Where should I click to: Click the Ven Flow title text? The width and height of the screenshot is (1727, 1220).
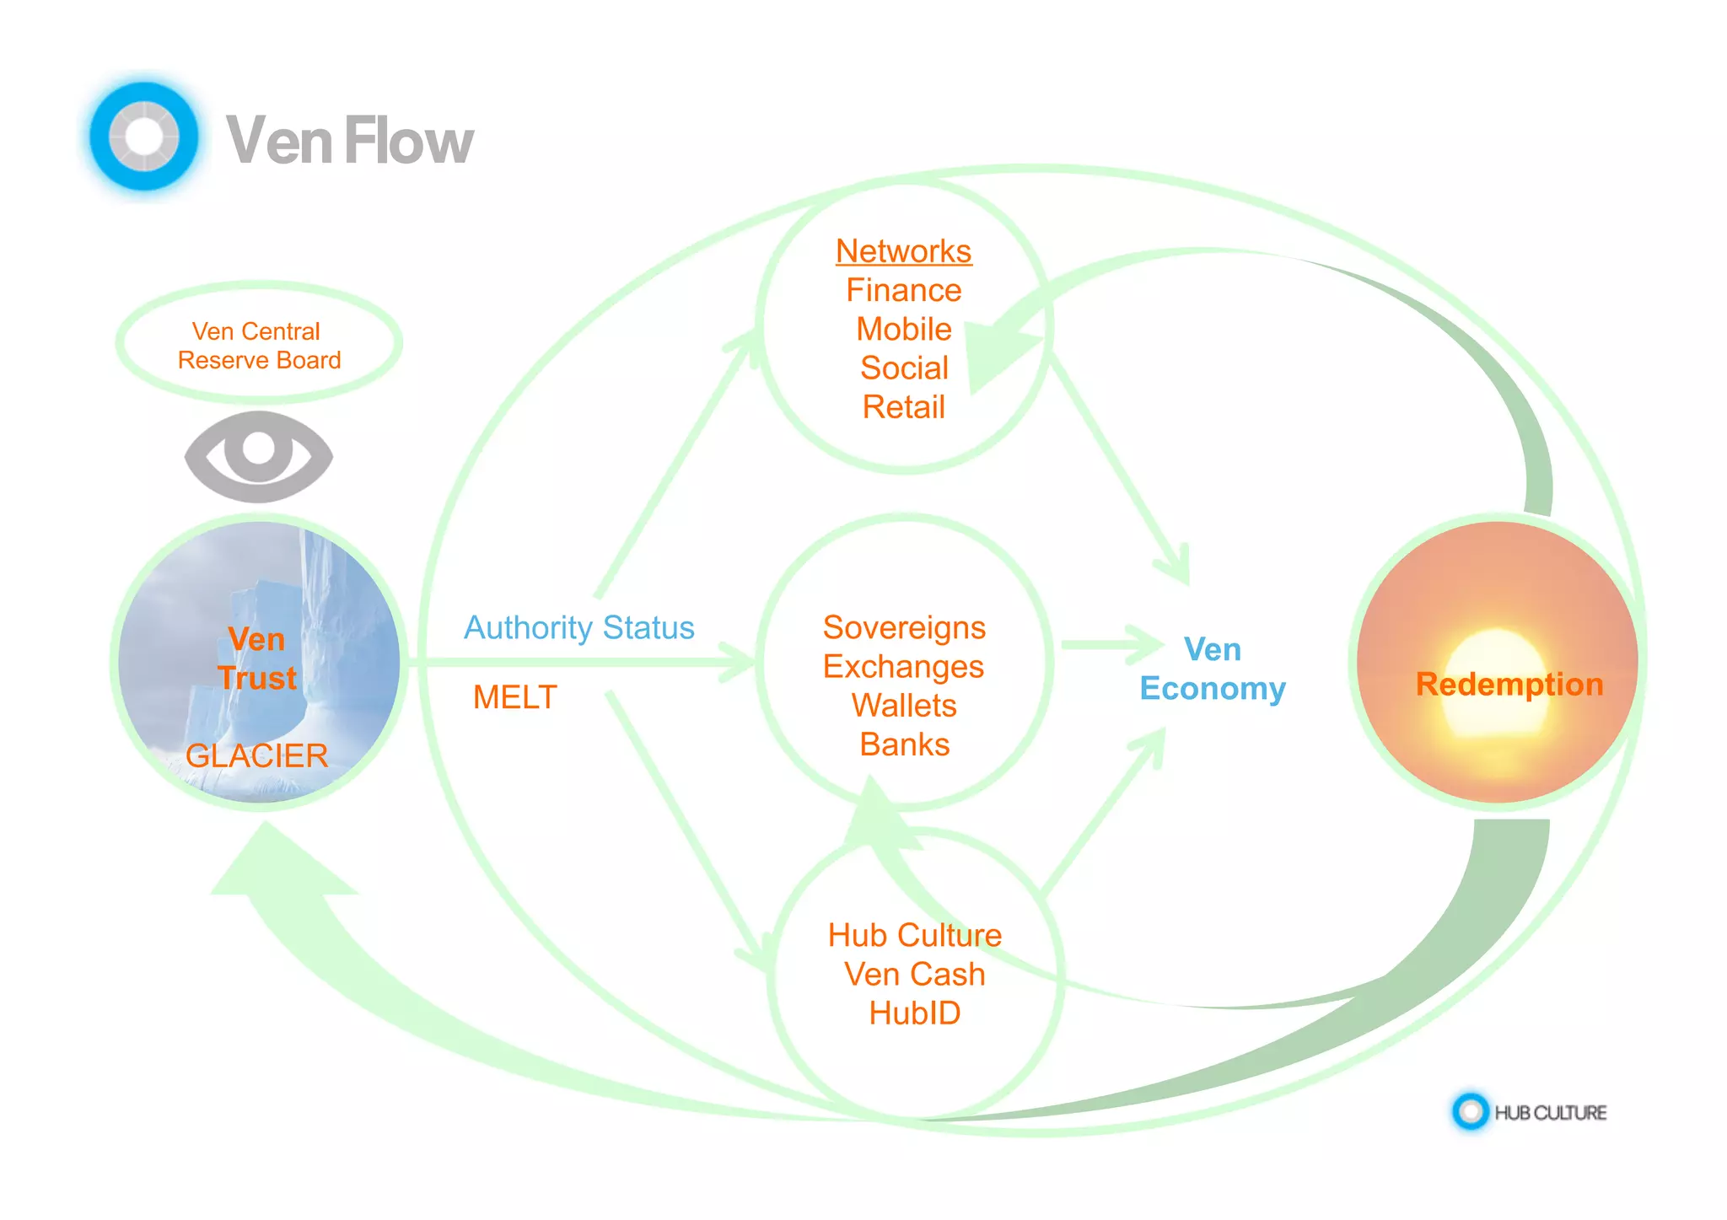(349, 141)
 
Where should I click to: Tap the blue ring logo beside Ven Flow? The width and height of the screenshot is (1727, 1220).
(144, 136)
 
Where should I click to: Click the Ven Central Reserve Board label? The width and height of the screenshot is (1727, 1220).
(258, 345)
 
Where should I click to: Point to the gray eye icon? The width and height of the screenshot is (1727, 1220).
(259, 456)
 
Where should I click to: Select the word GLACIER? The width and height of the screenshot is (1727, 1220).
(256, 755)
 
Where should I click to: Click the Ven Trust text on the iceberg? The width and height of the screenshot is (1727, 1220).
(257, 658)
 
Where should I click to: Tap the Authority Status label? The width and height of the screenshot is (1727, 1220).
(578, 627)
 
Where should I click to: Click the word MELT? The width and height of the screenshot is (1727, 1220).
(514, 697)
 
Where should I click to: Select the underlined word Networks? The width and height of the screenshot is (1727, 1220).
(903, 251)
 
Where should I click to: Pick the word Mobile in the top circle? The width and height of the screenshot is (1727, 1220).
(903, 329)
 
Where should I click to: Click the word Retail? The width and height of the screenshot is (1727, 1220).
(903, 407)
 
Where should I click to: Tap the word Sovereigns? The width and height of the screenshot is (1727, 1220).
(904, 627)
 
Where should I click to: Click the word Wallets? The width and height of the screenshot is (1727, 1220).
(904, 706)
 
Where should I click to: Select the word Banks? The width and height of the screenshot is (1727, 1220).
(904, 744)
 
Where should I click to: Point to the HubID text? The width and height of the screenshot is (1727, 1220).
(914, 1013)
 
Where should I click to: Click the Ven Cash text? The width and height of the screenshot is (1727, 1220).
(914, 974)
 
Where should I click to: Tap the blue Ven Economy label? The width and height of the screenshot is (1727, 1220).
(1212, 669)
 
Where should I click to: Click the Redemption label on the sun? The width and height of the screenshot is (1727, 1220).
(1509, 684)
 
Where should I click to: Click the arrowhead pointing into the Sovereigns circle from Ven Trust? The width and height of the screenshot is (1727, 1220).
(739, 662)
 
